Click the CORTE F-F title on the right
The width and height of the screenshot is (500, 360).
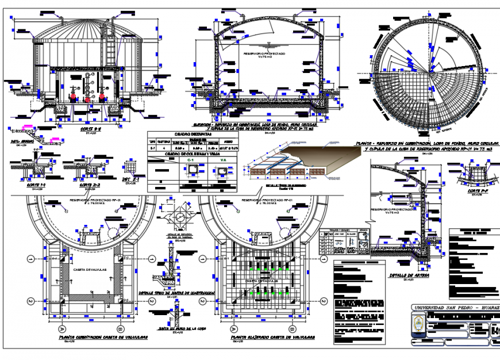pos(476,189)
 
